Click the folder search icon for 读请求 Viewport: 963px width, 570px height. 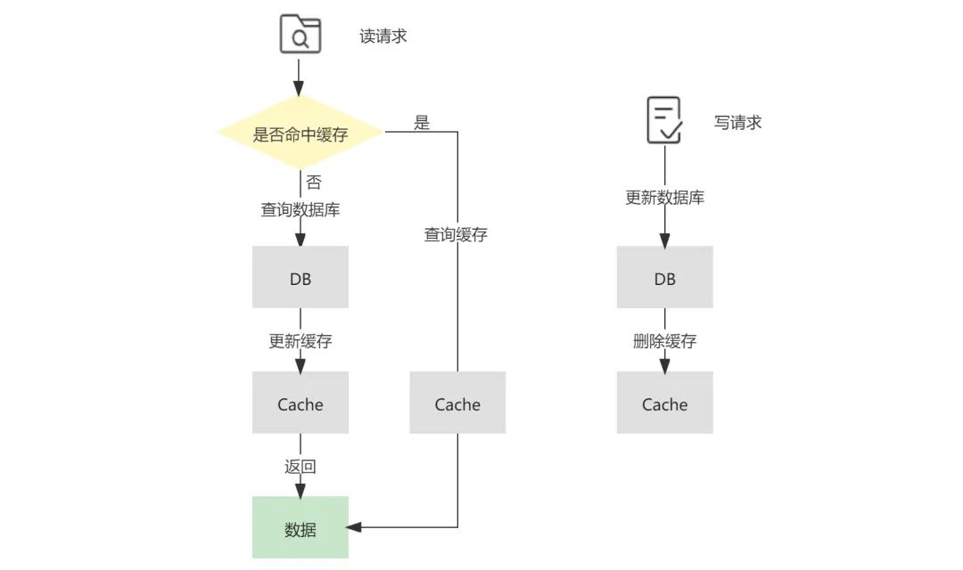300,36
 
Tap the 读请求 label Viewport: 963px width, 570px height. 383,37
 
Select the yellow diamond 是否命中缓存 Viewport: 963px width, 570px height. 300,134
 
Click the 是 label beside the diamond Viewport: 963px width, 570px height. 422,123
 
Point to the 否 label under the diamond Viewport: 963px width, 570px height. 313,183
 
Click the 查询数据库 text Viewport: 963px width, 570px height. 300,210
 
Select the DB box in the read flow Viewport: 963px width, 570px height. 300,278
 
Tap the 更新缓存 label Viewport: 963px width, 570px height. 300,341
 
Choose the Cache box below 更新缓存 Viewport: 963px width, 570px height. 300,403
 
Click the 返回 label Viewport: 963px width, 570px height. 300,467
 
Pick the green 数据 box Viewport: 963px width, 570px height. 300,528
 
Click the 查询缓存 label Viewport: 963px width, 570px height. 456,235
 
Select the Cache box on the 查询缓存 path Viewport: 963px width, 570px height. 457,403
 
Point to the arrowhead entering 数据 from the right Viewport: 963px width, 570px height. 354,527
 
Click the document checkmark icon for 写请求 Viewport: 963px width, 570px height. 664,121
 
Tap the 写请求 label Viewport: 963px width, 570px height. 737,123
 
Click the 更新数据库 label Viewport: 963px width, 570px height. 664,198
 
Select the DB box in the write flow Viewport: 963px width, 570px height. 664,278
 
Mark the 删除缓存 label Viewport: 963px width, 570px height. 664,341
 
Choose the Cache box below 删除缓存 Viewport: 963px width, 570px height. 664,403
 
